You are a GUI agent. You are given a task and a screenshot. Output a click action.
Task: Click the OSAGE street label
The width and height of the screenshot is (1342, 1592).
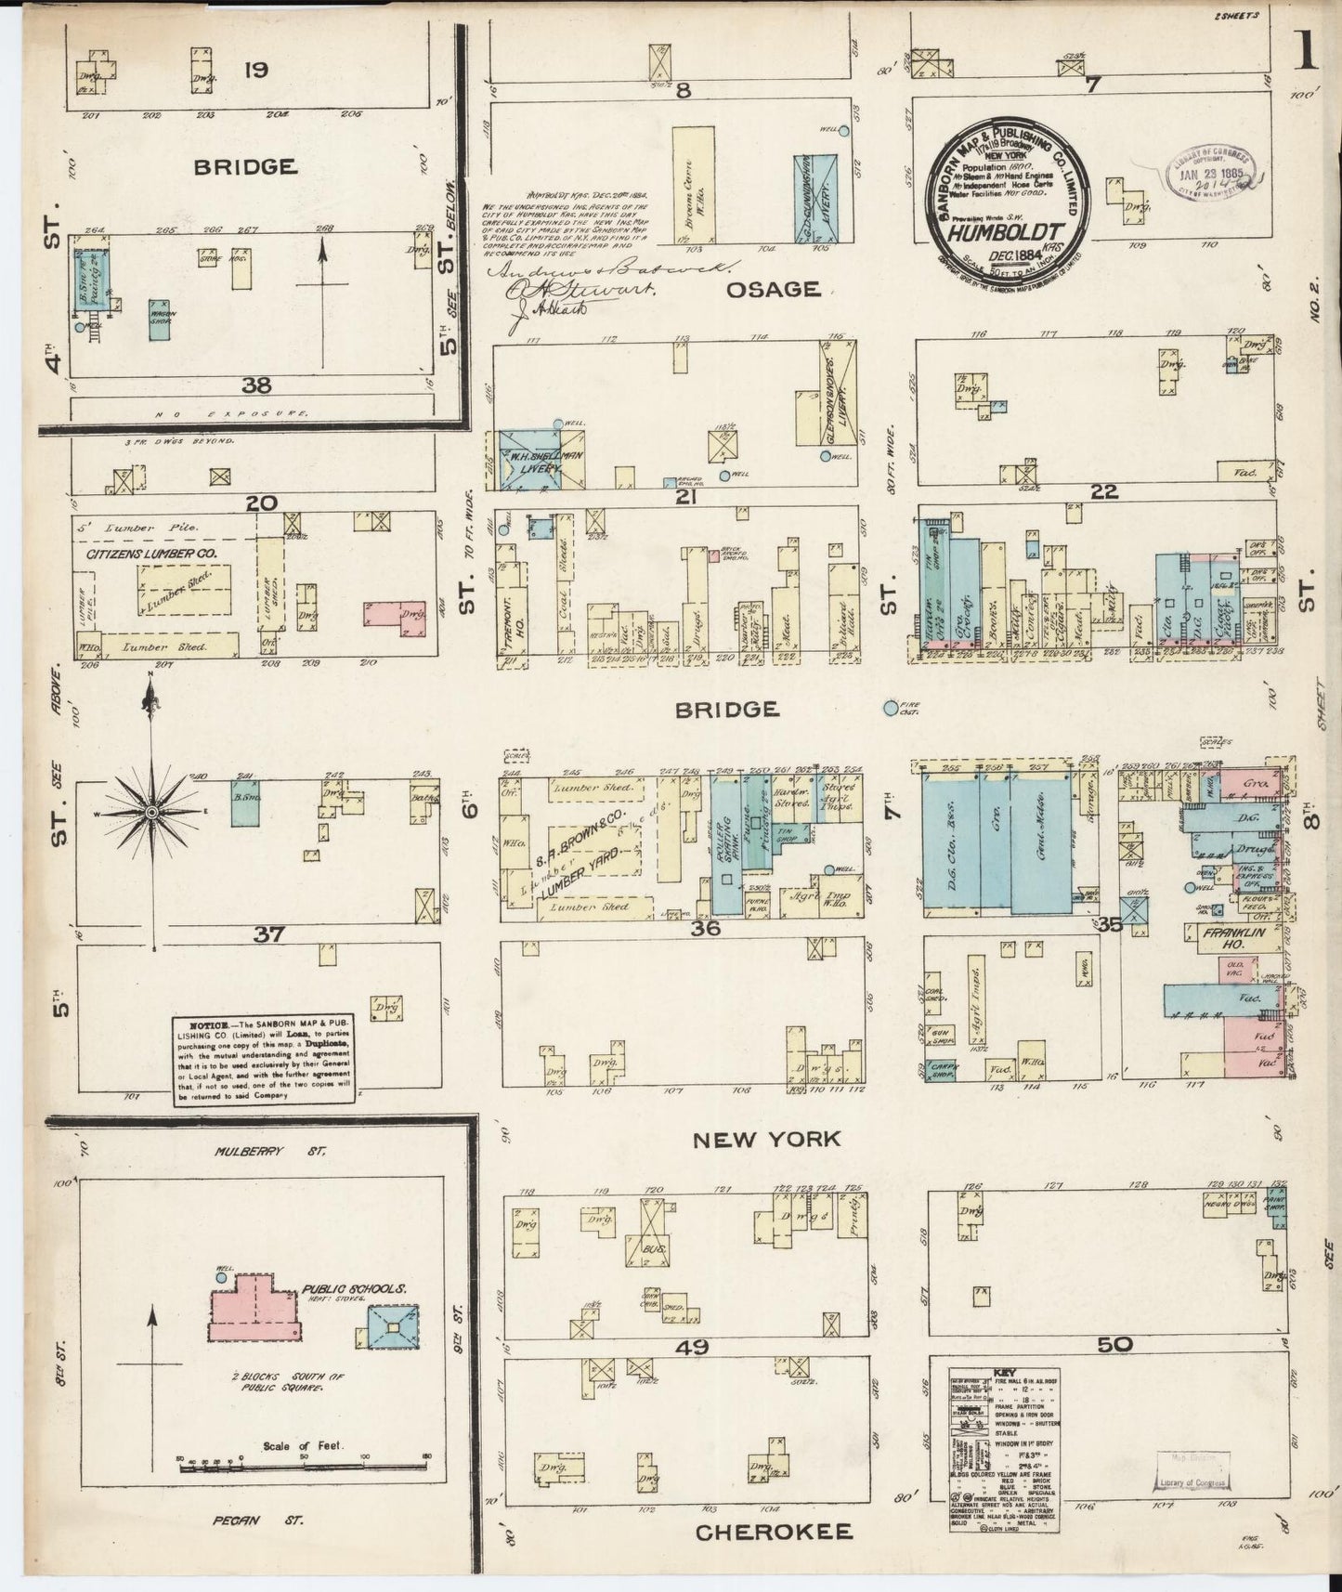[x=773, y=289]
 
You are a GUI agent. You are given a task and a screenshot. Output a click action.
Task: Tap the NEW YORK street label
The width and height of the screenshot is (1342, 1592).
[x=766, y=1139]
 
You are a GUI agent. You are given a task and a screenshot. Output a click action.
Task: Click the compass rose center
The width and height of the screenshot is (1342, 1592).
[x=150, y=812]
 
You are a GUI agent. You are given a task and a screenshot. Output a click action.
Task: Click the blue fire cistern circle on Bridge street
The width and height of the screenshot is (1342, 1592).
[x=891, y=708]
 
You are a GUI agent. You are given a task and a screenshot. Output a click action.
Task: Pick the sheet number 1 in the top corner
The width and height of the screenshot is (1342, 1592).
[x=1308, y=54]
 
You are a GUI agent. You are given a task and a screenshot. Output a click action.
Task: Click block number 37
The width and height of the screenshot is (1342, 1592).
[x=268, y=934]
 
